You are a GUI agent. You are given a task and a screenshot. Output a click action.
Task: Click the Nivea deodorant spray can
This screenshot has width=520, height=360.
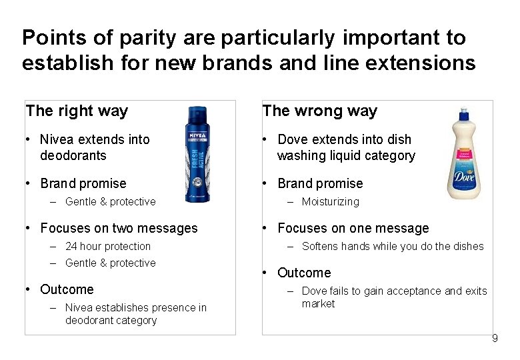(x=198, y=154)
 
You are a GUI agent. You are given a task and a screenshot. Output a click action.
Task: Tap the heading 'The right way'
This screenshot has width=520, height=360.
(x=77, y=111)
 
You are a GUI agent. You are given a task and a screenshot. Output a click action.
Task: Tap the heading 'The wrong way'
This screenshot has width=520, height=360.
(x=320, y=111)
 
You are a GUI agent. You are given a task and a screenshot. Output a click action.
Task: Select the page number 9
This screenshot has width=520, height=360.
(x=495, y=339)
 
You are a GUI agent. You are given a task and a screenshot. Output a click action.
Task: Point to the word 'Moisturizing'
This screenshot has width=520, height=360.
(x=330, y=201)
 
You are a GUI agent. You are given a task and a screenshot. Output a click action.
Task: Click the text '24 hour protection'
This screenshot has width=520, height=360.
(x=108, y=246)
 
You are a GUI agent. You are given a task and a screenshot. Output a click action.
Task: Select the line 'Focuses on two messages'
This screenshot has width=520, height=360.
(x=119, y=228)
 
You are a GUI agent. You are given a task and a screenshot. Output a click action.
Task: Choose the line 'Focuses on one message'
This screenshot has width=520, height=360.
(x=353, y=228)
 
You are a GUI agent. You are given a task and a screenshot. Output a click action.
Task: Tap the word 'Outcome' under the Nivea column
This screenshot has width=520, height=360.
(x=67, y=289)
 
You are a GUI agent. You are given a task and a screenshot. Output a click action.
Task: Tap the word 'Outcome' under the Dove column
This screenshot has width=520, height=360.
(x=304, y=273)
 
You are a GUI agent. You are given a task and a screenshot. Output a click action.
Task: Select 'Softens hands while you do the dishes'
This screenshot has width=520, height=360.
(x=393, y=246)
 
